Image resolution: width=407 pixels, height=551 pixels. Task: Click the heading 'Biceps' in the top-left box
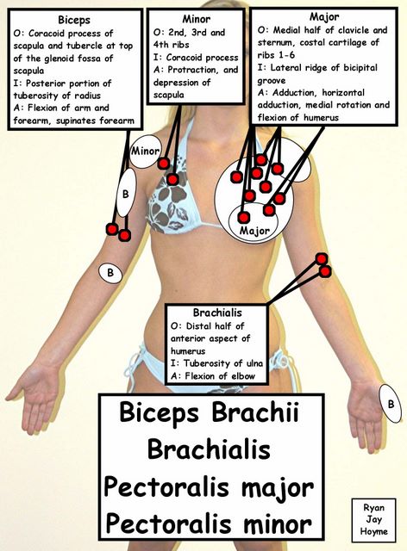74,20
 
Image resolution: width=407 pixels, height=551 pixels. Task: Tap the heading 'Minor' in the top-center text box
196,19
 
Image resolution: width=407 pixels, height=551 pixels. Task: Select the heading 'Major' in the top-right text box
324,16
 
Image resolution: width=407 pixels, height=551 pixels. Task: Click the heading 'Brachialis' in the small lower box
217,313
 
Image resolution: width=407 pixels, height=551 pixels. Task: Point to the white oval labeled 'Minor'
145,152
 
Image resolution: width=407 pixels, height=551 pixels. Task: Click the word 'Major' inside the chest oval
254,231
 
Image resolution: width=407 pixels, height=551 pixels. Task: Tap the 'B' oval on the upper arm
126,193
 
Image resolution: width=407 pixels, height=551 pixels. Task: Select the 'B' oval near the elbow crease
110,272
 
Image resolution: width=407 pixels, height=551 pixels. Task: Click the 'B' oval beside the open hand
391,404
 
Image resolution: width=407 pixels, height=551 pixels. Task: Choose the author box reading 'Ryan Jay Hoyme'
373,519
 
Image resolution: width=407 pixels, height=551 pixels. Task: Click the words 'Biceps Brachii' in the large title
210,412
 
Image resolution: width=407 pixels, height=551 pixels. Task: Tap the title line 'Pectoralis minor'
209,523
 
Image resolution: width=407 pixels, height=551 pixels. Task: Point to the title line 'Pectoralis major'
209,486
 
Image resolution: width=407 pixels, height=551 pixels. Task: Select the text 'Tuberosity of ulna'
222,363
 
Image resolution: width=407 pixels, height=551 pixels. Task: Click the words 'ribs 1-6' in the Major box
276,55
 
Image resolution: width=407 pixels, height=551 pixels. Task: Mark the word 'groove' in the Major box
272,81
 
